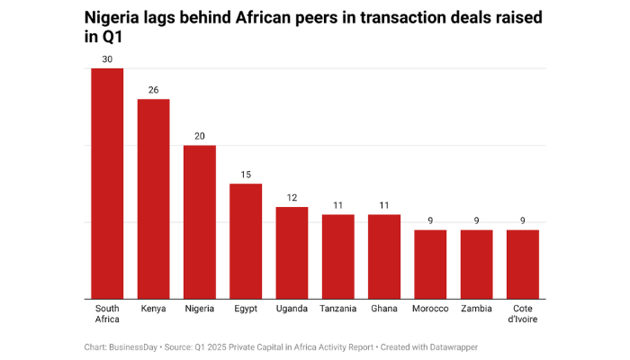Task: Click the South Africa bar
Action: (x=107, y=184)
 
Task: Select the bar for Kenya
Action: (x=153, y=199)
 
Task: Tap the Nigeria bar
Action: (x=200, y=222)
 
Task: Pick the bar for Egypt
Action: (x=246, y=241)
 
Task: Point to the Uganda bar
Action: (x=292, y=253)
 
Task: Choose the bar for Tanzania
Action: (x=338, y=256)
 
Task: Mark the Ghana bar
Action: (x=384, y=256)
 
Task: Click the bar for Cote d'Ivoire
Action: (x=523, y=265)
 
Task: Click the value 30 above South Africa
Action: (x=107, y=60)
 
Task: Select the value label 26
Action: (x=153, y=91)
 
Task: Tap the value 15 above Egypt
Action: (x=246, y=175)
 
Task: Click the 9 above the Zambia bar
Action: (x=477, y=221)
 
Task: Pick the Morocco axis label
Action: (x=430, y=309)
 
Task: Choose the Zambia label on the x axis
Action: (x=477, y=309)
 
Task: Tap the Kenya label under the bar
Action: (x=153, y=309)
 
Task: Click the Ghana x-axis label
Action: (x=384, y=309)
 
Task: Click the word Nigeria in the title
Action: (x=116, y=17)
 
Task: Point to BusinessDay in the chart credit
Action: (x=137, y=346)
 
